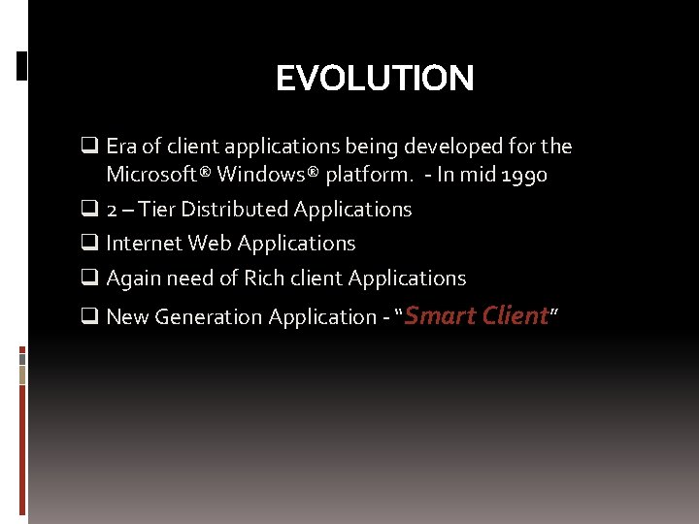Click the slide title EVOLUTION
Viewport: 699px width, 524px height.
pyautogui.click(x=375, y=78)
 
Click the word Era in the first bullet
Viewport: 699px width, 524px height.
pyautogui.click(x=120, y=147)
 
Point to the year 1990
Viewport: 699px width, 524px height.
pyautogui.click(x=523, y=175)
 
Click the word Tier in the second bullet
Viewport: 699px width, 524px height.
pyautogui.click(x=157, y=210)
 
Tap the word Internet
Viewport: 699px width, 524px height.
pyautogui.click(x=144, y=244)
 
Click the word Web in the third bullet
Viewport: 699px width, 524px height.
pyautogui.click(x=210, y=244)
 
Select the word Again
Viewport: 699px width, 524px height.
pyautogui.click(x=132, y=278)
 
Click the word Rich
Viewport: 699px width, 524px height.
pyautogui.click(x=264, y=278)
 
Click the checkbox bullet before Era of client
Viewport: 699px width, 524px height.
pyautogui.click(x=89, y=147)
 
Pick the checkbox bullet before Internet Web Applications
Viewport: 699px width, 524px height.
pyautogui.click(x=89, y=244)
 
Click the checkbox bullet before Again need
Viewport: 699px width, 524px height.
pyautogui.click(x=89, y=278)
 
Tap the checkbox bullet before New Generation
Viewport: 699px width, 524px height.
pyautogui.click(x=89, y=317)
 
